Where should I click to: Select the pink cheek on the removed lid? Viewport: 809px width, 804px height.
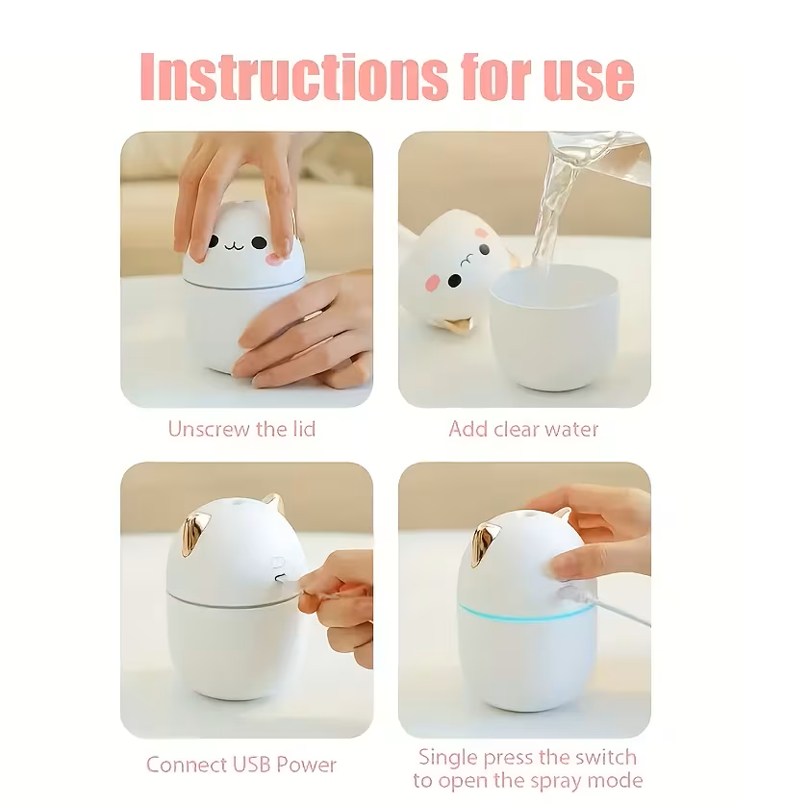pos(431,282)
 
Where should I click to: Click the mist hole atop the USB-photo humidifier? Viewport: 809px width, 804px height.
pos(237,499)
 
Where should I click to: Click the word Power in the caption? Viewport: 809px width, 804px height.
pos(307,765)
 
